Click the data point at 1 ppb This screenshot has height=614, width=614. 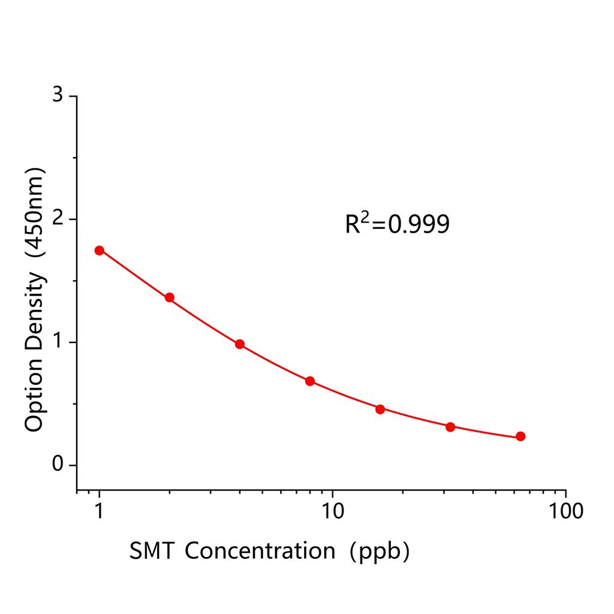pos(100,250)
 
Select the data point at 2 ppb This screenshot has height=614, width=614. pos(170,297)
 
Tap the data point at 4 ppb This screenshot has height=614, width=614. pos(240,344)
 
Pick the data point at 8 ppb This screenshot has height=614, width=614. pos(310,381)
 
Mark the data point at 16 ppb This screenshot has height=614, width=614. pos(380,409)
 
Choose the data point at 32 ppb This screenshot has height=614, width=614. pos(450,427)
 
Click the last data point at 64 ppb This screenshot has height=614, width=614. pos(520,437)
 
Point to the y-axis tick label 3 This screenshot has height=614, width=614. pos(58,96)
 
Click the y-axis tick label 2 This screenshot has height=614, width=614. pos(58,219)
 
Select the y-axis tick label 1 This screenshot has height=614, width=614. pos(58,342)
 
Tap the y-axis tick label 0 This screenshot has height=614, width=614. pos(58,465)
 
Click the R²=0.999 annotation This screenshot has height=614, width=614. pos(397,224)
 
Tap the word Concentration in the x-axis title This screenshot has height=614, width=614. pos(260,550)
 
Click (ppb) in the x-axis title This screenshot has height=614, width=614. pos(381,550)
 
